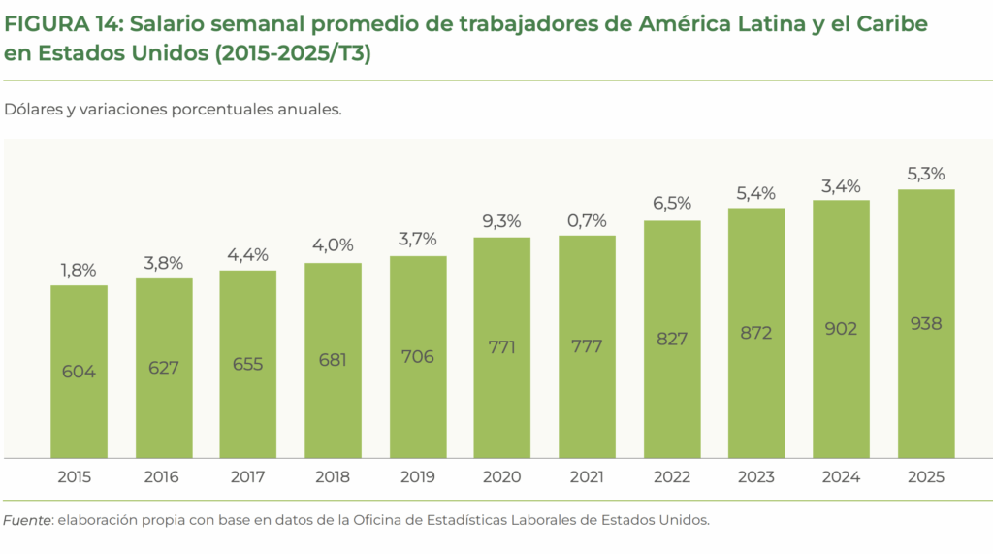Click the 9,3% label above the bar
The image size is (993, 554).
click(501, 221)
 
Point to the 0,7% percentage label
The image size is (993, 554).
click(587, 221)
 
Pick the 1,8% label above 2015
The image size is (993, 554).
click(79, 270)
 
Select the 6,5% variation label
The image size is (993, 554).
click(671, 204)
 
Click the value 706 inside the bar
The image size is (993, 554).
click(417, 356)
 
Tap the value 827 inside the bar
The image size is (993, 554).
click(671, 339)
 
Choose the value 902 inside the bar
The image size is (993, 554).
click(841, 329)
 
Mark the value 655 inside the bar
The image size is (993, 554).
click(247, 364)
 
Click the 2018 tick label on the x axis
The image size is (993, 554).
click(333, 477)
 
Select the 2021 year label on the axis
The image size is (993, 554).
click(587, 477)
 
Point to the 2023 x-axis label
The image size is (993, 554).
click(755, 477)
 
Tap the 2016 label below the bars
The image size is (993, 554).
click(163, 477)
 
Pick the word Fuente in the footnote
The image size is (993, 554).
click(27, 520)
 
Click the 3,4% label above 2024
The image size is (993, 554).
click(841, 184)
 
